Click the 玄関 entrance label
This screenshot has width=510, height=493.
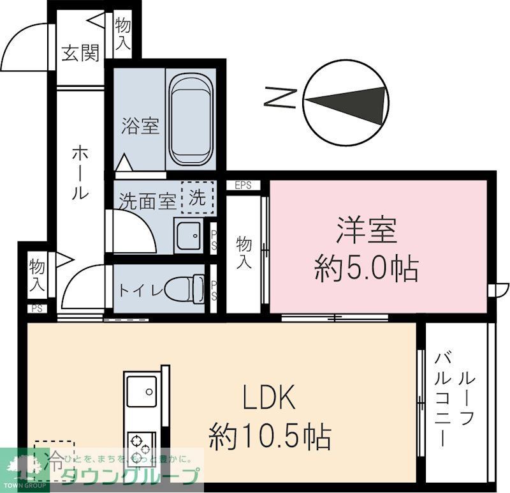(80, 54)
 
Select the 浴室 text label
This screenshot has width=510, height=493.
(140, 126)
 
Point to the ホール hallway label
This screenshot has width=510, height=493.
(80, 172)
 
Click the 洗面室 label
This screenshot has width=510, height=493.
(148, 202)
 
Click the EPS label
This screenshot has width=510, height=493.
(243, 186)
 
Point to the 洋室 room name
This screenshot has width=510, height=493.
(367, 230)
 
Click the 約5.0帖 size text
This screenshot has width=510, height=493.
(367, 270)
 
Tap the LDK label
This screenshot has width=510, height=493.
(268, 398)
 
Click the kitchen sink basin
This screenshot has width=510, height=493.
(142, 390)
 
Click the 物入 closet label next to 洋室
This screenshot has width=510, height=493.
(243, 252)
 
